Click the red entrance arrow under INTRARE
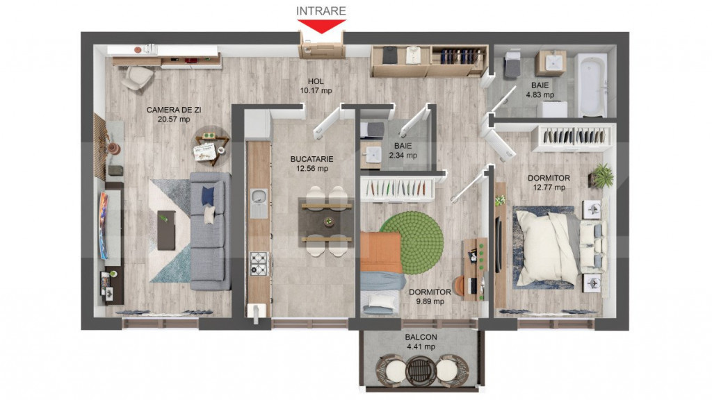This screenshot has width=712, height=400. pyautogui.click(x=321, y=26)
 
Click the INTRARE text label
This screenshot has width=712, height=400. pyautogui.click(x=321, y=10)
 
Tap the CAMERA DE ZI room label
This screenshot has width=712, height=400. pyautogui.click(x=174, y=110)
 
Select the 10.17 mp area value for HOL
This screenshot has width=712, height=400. pyautogui.click(x=316, y=90)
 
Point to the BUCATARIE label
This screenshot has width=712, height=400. pyautogui.click(x=309, y=158)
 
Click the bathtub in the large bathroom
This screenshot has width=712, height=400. pyautogui.click(x=592, y=85)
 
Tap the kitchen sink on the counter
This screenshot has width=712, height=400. pyautogui.click(x=259, y=201)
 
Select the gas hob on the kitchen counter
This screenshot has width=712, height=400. pyautogui.click(x=259, y=262)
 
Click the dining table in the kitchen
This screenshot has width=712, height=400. pyautogui.click(x=326, y=222)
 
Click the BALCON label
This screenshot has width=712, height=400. pyautogui.click(x=420, y=337)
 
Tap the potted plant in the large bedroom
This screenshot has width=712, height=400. pyautogui.click(x=602, y=176)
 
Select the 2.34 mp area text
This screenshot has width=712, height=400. pyautogui.click(x=403, y=156)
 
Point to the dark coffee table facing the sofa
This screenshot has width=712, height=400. pyautogui.click(x=166, y=230)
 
